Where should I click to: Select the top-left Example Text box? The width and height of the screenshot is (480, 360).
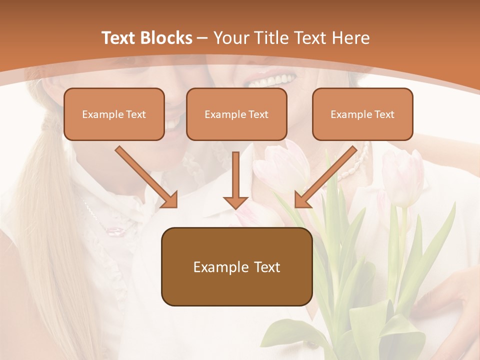coord(114,114)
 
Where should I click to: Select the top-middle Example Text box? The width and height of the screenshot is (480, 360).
coord(236,114)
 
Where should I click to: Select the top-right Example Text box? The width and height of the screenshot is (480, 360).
coord(362,114)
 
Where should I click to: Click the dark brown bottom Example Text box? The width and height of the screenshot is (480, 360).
coord(236,266)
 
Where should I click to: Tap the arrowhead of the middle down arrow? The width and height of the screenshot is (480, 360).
coord(235,202)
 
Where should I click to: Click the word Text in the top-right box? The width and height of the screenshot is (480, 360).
coord(384,114)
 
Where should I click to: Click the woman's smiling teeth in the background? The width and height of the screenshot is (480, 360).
coord(272,80)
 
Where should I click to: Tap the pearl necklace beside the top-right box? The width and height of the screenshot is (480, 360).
coord(357,162)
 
